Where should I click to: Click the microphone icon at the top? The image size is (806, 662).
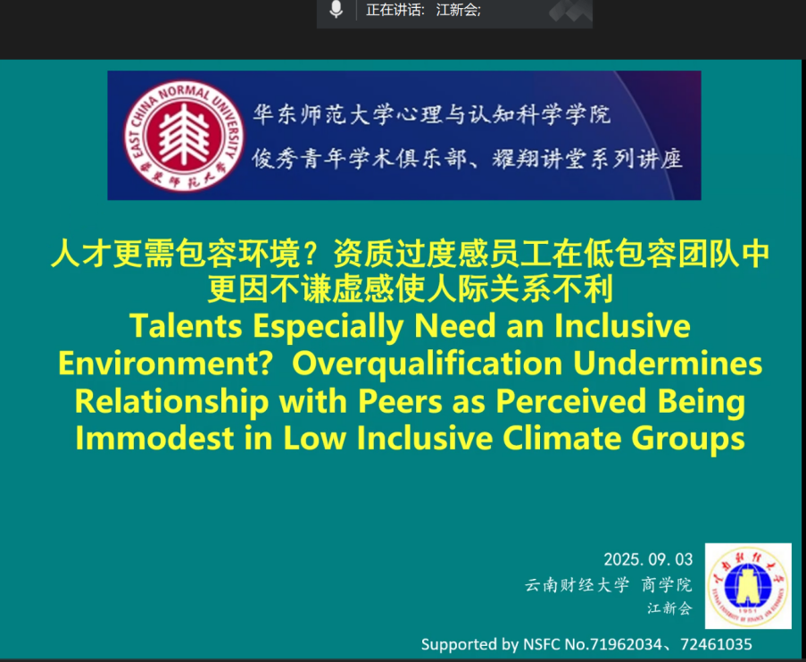tap(336, 9)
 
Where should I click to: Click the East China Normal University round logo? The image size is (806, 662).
tap(184, 135)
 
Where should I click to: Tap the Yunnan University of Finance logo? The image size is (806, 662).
tap(748, 586)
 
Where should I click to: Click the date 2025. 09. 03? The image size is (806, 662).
tap(648, 559)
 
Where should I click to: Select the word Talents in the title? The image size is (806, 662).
tap(186, 325)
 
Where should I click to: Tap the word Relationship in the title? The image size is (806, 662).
tap(171, 401)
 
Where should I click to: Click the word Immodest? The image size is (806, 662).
tap(154, 439)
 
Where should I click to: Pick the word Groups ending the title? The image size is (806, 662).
tap(688, 439)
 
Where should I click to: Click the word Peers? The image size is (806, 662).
tap(400, 401)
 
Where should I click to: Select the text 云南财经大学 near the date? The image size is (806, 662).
tap(577, 585)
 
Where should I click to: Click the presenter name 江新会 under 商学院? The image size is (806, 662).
tap(669, 608)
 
